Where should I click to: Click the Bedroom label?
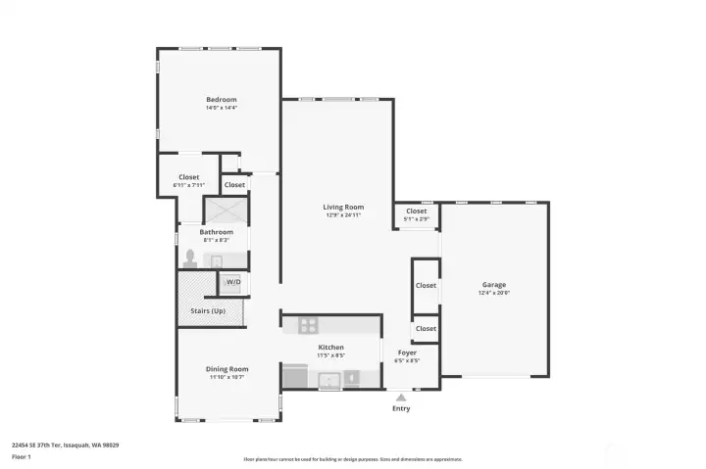221,99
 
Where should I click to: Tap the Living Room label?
344,207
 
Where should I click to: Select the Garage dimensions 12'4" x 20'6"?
494,293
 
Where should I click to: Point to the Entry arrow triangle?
400,398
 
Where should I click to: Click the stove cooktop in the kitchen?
309,326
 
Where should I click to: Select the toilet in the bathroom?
190,258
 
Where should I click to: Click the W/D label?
233,283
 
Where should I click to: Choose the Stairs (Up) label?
207,312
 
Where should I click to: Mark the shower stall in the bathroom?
227,211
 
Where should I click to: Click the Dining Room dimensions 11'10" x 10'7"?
227,377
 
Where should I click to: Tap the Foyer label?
407,352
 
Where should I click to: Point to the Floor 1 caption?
22,456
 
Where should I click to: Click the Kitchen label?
330,348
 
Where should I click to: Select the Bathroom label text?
216,232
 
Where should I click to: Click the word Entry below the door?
401,408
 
